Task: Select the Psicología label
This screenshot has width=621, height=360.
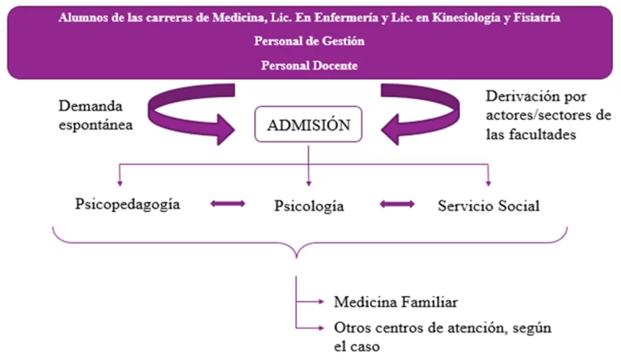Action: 309,205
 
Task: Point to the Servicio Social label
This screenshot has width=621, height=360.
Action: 488,205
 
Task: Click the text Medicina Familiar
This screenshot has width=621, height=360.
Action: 396,302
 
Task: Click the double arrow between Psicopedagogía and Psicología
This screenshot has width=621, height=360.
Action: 227,204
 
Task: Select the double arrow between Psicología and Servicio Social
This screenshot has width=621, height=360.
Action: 397,204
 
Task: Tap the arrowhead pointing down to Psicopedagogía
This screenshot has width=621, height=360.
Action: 119,183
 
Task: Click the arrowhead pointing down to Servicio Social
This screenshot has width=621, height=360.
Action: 488,183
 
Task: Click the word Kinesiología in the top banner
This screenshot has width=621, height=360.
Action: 460,16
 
